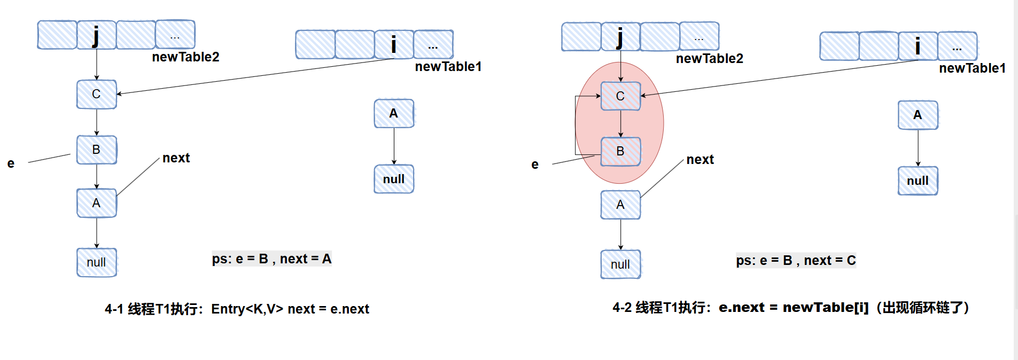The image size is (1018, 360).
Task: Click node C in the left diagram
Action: pyautogui.click(x=96, y=95)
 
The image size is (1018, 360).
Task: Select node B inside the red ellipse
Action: pyautogui.click(x=620, y=152)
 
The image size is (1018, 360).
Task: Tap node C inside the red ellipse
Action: pyautogui.click(x=620, y=96)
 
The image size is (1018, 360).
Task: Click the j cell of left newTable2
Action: pyautogui.click(x=96, y=35)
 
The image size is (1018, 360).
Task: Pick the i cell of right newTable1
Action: pyautogui.click(x=918, y=46)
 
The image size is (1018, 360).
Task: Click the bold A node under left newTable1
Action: pyautogui.click(x=394, y=113)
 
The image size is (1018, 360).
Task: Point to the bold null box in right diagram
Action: pyautogui.click(x=918, y=181)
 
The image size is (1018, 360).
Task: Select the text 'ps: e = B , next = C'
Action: pyautogui.click(x=796, y=261)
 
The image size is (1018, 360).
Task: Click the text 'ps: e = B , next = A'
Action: pyautogui.click(x=271, y=259)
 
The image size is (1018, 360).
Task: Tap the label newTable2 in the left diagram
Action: pyautogui.click(x=185, y=57)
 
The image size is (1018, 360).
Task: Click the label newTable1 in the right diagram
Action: pyautogui.click(x=972, y=68)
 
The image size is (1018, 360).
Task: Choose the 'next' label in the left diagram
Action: pyautogui.click(x=176, y=158)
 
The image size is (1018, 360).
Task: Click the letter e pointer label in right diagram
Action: pyautogui.click(x=535, y=165)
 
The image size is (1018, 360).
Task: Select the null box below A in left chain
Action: pyautogui.click(x=96, y=262)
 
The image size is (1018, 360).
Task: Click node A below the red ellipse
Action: pyautogui.click(x=620, y=205)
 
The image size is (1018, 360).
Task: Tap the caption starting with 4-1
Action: pyautogui.click(x=237, y=309)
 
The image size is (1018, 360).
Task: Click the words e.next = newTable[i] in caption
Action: pyautogui.click(x=794, y=308)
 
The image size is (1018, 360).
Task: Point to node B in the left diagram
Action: pyautogui.click(x=96, y=150)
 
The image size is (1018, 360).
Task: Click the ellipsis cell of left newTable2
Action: pyautogui.click(x=175, y=35)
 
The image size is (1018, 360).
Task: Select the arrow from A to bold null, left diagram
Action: pyautogui.click(x=394, y=146)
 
